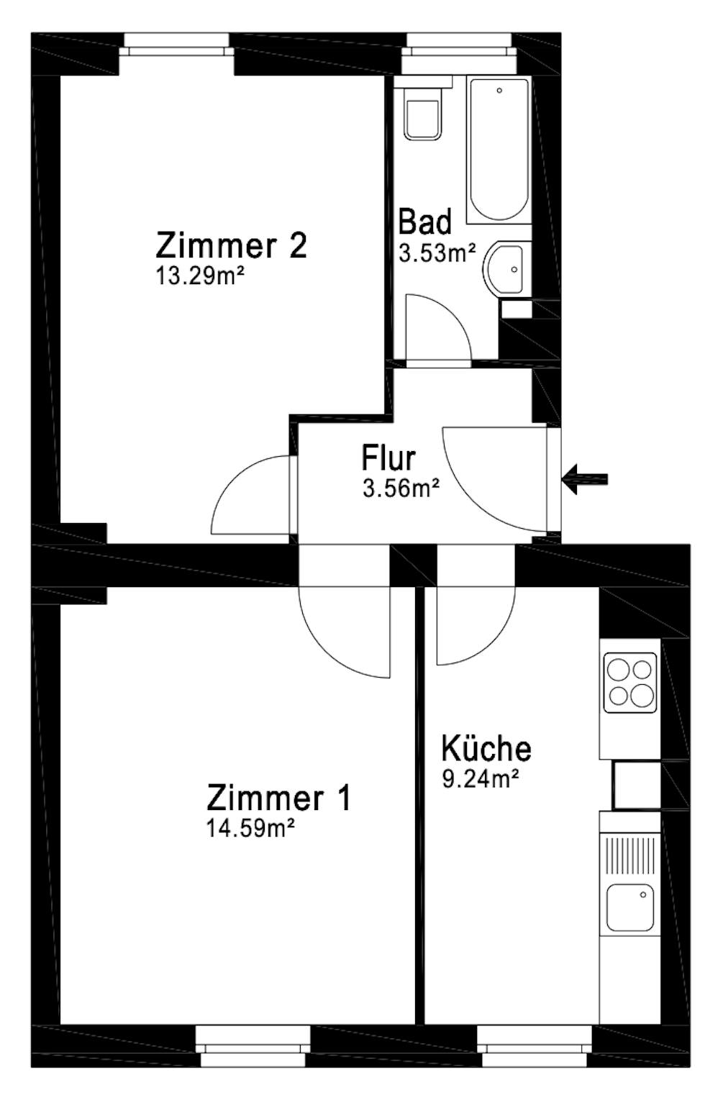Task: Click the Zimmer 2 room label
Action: point(232,245)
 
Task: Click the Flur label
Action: point(388,458)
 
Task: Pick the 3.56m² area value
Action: point(401,489)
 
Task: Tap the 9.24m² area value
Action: point(481,779)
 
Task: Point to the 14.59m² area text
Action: point(250,829)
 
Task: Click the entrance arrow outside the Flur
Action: point(586,479)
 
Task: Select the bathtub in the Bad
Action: point(498,150)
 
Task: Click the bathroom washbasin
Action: point(509,268)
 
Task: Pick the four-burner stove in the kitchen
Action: point(629,682)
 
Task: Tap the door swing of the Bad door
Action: point(436,327)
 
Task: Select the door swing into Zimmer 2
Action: point(252,496)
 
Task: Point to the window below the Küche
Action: point(535,1046)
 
